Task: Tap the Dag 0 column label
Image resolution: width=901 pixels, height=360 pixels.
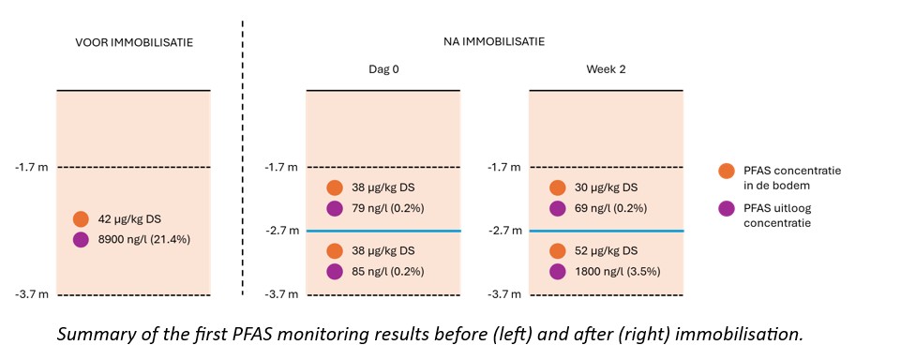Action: [383, 69]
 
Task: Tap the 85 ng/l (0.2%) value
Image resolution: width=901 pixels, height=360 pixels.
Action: [388, 272]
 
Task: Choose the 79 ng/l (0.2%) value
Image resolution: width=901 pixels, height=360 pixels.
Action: [388, 208]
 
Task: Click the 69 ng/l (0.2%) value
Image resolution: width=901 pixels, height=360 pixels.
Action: [611, 208]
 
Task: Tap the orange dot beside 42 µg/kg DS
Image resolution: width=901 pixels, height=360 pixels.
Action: [81, 218]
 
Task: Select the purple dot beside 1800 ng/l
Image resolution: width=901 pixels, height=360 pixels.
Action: [557, 272]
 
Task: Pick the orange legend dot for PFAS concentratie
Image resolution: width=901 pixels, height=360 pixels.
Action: [727, 171]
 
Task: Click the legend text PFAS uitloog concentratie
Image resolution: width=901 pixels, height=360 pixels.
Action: [776, 216]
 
